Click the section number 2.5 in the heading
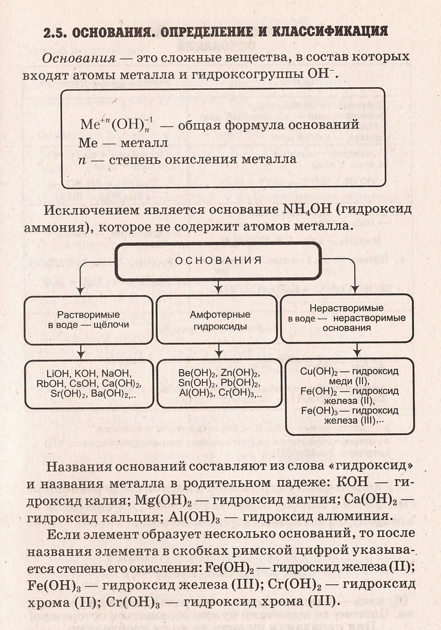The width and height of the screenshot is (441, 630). point(55,31)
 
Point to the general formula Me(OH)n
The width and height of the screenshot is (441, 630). point(116,125)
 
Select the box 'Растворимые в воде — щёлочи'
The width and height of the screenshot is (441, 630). point(88,319)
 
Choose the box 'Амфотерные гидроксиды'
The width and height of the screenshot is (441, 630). point(217,319)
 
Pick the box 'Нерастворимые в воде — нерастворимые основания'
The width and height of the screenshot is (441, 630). point(347,319)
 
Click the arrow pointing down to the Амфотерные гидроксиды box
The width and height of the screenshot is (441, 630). point(218,287)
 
